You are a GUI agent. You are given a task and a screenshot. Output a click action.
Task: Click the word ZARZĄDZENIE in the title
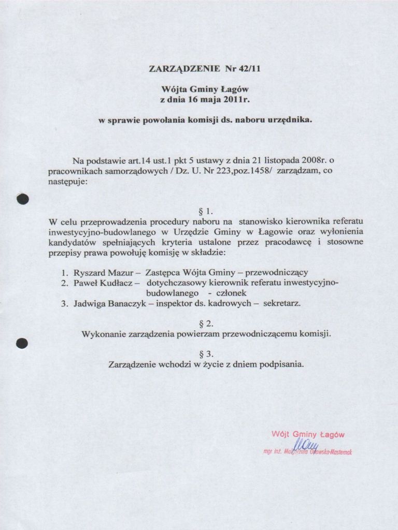tap(185, 68)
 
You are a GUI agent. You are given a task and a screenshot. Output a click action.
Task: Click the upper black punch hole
tap(22, 199)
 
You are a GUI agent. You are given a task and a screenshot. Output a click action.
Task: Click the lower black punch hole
tap(22, 343)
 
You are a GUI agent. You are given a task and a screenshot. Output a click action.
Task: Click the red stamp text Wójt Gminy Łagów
tap(308, 434)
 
